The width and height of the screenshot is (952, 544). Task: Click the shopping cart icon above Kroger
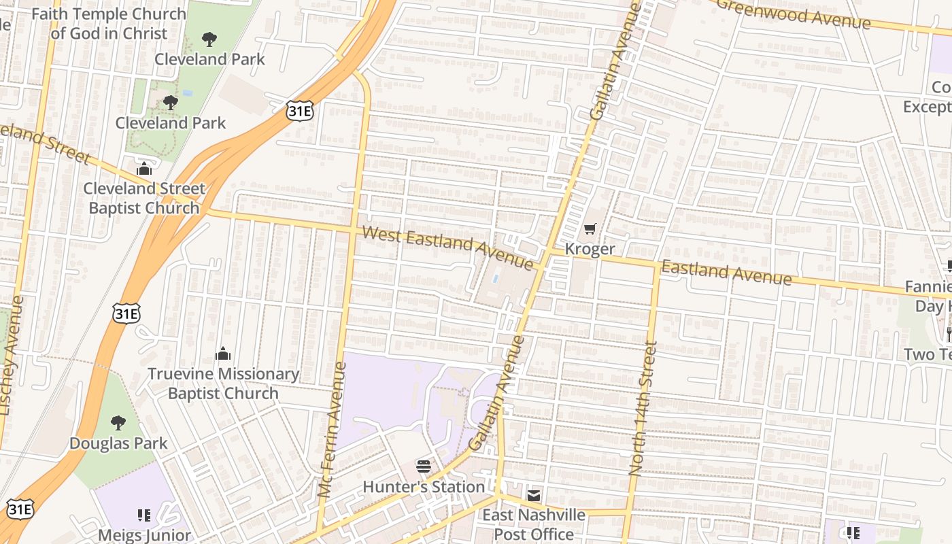(590, 229)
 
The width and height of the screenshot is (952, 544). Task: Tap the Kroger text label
(590, 249)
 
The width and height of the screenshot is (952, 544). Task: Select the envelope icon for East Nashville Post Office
(534, 495)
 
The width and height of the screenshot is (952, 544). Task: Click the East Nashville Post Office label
(534, 524)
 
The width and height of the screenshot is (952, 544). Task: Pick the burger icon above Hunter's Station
(424, 466)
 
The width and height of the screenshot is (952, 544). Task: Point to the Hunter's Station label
(424, 487)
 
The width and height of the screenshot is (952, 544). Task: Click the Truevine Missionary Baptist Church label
(223, 384)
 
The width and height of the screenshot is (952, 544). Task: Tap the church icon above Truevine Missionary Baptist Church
(223, 354)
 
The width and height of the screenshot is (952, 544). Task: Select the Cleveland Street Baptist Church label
(144, 198)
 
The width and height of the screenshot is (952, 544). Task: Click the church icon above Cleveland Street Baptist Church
(144, 169)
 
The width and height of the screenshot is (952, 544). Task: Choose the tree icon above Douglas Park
(118, 423)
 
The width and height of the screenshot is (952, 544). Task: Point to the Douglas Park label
(118, 443)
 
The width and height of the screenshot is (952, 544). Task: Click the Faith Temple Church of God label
(109, 23)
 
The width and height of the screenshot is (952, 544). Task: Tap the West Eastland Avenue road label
(447, 248)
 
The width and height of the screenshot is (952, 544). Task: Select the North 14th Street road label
(643, 408)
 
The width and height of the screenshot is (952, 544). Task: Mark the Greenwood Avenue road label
(793, 14)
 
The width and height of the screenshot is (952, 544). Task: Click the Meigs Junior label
(144, 534)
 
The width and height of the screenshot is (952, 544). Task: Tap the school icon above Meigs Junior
(143, 515)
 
